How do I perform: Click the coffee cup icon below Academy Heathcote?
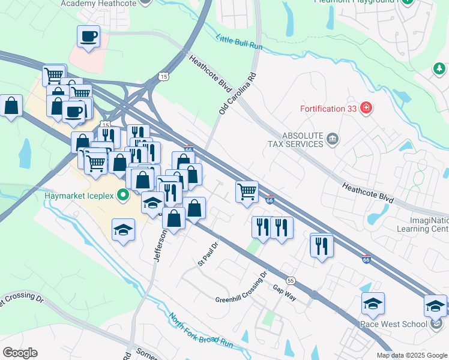click(88, 37)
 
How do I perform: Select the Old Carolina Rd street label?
click(238, 94)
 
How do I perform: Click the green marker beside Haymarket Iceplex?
click(124, 195)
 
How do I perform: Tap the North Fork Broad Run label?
click(200, 331)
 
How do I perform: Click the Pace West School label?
click(393, 324)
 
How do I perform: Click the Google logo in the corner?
click(20, 353)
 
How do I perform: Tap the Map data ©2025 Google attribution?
click(411, 355)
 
